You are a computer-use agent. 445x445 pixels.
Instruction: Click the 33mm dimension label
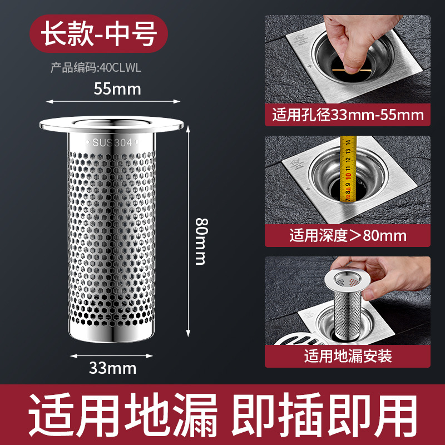(113, 368)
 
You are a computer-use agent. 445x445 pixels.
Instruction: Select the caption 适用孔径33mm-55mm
(348, 116)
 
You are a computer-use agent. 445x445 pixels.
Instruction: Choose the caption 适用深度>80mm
(348, 235)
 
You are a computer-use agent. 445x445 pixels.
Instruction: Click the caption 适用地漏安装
(348, 355)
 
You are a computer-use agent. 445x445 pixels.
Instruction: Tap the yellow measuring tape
(348, 167)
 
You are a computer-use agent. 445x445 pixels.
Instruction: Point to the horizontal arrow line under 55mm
(113, 101)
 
